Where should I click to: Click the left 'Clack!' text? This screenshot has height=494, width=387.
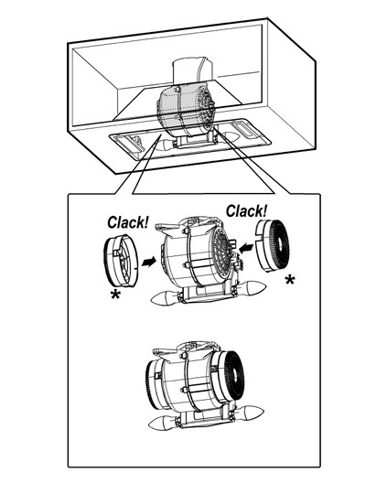point(128,222)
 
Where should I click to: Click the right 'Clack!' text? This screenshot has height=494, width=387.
point(246,210)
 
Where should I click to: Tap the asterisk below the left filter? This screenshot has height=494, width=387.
point(115,295)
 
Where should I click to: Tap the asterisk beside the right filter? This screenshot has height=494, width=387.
point(290,279)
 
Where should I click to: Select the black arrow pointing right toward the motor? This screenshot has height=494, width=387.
point(148,262)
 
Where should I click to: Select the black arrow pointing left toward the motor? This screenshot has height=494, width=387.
point(246,248)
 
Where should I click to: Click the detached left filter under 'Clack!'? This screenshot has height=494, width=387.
point(121,261)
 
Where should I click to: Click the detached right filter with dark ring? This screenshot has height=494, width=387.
point(273,246)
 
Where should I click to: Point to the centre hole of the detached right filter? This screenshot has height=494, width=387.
point(280,244)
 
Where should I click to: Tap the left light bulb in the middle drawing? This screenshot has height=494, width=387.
point(165,299)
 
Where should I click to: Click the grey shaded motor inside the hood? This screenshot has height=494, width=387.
point(186,108)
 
